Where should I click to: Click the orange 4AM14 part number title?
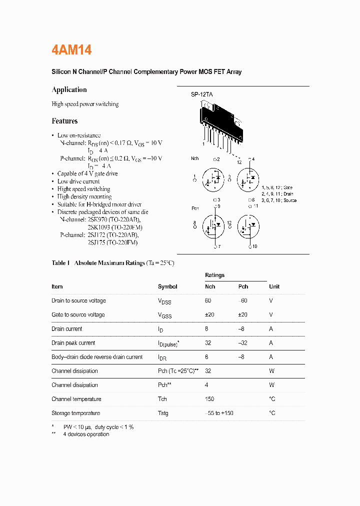71,50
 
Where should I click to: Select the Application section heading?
69,90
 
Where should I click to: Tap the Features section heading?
64,121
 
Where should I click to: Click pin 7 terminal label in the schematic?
217,246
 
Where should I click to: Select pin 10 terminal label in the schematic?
254,246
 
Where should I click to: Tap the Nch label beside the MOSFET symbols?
195,159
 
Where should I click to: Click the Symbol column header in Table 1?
167,287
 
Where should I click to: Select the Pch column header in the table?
243,287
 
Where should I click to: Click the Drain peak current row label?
73,343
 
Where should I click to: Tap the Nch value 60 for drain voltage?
208,301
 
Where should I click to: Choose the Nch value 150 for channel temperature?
209,399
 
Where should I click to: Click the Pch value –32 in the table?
244,343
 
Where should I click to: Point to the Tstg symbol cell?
163,413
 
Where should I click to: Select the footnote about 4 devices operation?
85,434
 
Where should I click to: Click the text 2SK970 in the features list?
98,219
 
